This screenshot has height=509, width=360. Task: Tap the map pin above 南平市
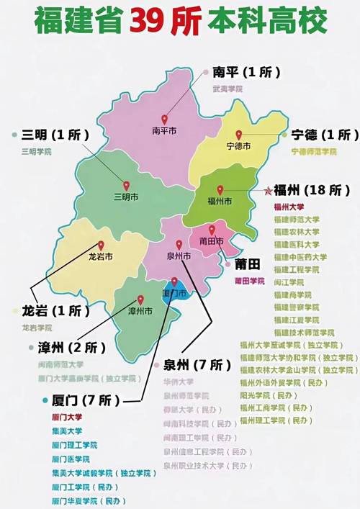(x=164, y=120)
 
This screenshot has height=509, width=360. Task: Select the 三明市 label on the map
(x=126, y=196)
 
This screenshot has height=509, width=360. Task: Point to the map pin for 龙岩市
(x=101, y=246)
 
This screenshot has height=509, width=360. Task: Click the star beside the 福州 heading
(x=268, y=191)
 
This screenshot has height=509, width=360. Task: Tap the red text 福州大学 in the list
(x=291, y=207)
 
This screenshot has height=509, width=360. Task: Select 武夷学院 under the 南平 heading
(x=228, y=89)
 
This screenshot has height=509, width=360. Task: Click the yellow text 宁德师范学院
(x=314, y=151)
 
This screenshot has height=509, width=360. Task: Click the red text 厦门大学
(x=67, y=417)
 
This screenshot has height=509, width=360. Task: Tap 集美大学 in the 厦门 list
(x=67, y=431)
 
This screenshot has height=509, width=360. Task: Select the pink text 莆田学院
(x=250, y=281)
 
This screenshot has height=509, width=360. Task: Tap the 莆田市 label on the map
(x=210, y=242)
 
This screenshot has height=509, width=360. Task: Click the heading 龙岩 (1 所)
(x=52, y=311)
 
